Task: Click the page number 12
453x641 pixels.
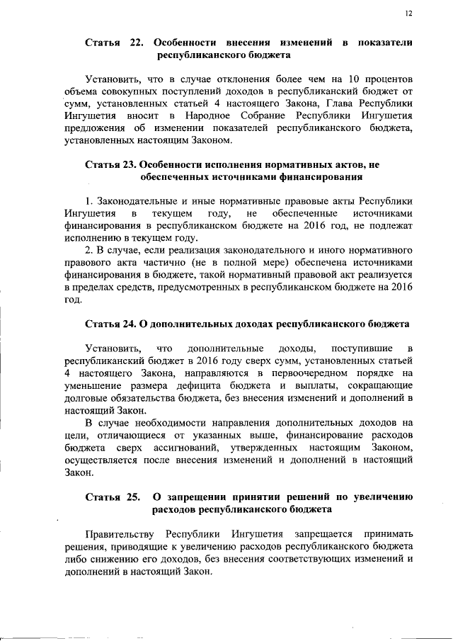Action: (x=408, y=12)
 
